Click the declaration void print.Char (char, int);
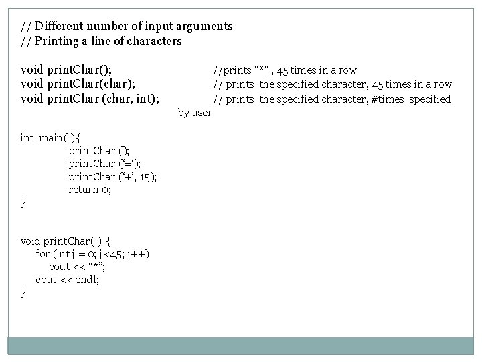[90, 99]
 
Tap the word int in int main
[27, 138]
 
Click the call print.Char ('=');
[104, 164]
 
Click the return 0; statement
[90, 190]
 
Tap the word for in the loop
[43, 253]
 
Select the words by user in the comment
[195, 113]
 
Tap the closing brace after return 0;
[23, 202]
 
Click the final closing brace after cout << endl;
[23, 292]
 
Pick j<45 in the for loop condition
[108, 253]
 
